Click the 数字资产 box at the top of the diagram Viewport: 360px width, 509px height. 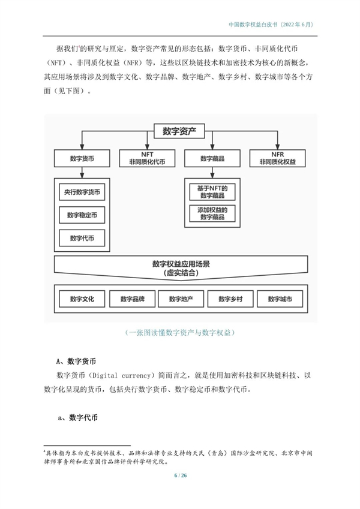tap(179, 131)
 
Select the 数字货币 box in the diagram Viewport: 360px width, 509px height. tap(82, 158)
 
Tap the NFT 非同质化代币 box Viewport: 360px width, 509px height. tap(147, 158)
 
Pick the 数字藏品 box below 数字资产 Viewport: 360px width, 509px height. tap(212, 158)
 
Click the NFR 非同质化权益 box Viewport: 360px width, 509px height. tap(277, 158)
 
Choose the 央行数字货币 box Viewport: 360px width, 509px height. tap(82, 192)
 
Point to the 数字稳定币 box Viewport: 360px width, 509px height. tap(82, 215)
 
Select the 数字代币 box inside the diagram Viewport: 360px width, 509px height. tap(82, 238)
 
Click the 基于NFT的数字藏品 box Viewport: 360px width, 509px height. tap(212, 192)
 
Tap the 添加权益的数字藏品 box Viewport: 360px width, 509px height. tap(212, 213)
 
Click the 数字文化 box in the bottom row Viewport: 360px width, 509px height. tap(82, 299)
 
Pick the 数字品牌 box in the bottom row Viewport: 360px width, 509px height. tap(132, 299)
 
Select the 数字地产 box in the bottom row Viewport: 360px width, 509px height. tap(181, 299)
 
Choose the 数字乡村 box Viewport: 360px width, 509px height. tap(230, 299)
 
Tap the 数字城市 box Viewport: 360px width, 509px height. tap(280, 299)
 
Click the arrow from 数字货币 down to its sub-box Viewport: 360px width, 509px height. tap(82, 173)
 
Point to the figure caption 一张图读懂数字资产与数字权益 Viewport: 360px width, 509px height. tap(179, 332)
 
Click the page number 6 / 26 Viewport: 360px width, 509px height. tap(181, 475)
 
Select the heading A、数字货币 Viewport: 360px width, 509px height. tap(76, 362)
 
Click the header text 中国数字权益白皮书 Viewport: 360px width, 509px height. tap(253, 25)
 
